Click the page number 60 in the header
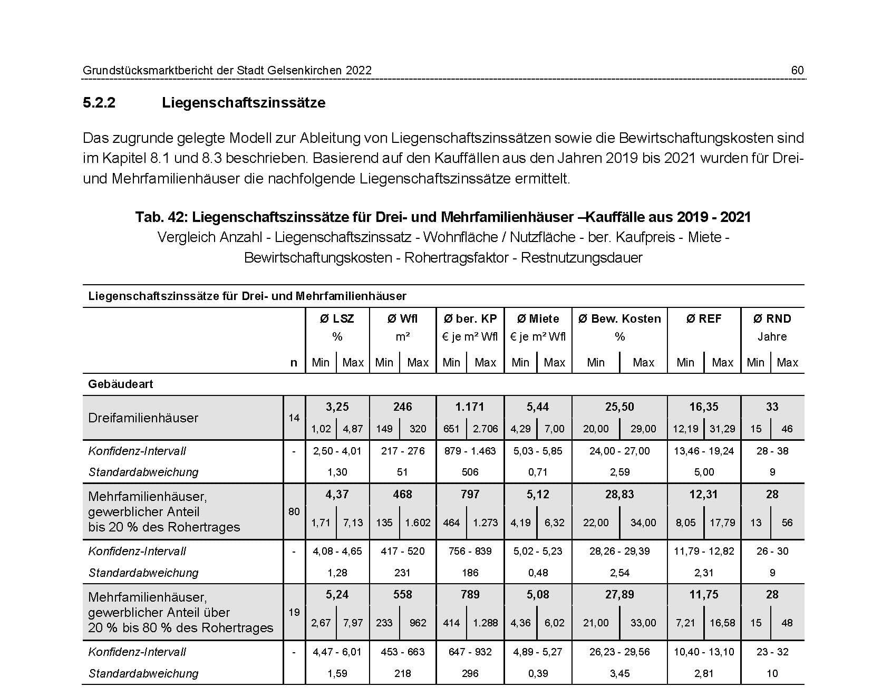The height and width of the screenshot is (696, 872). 797,70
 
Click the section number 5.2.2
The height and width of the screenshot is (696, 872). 99,102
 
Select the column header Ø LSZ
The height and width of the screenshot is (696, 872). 337,318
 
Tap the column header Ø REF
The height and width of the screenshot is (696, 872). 703,318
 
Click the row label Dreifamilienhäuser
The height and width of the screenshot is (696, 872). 143,418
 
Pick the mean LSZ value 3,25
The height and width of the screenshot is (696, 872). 337,407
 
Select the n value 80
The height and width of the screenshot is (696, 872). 294,511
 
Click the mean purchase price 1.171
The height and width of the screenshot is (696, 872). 470,407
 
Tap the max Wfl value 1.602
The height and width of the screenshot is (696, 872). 418,523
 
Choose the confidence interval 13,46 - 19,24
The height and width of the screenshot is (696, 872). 703,451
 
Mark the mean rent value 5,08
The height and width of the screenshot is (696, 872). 537,594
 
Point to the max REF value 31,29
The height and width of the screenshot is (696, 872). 722,429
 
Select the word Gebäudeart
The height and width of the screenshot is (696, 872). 120,384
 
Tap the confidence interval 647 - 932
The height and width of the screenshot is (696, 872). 470,652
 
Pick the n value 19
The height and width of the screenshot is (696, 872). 294,612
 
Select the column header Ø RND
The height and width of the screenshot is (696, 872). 772,318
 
